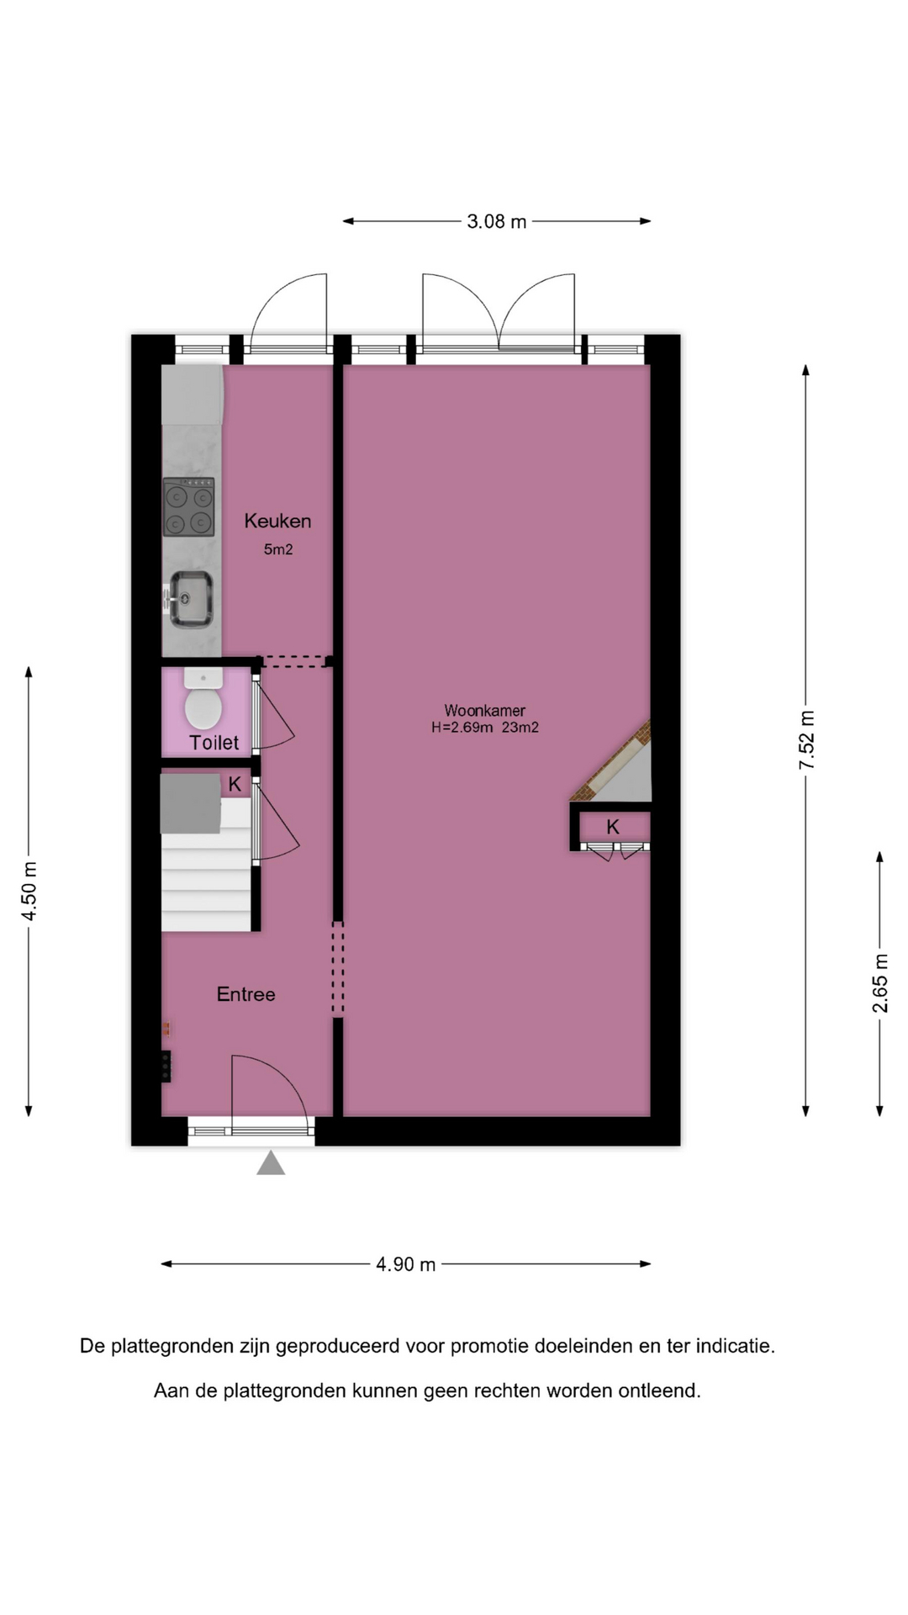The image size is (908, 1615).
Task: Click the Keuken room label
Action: click(x=277, y=521)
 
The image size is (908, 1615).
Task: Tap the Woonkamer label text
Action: click(x=485, y=711)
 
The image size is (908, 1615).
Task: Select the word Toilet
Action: click(x=214, y=743)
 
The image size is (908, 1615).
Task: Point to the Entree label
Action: click(x=245, y=994)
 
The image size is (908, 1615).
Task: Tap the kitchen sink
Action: click(x=190, y=599)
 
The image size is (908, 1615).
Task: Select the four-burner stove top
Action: click(x=188, y=507)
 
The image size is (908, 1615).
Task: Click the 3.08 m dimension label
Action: click(x=497, y=221)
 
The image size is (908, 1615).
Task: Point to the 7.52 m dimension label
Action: click(x=807, y=740)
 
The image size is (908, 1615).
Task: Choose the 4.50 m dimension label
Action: click(x=29, y=891)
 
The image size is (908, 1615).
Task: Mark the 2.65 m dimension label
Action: click(x=880, y=982)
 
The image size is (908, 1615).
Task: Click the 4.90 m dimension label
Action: click(x=406, y=1264)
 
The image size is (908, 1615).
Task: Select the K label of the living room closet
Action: click(x=613, y=827)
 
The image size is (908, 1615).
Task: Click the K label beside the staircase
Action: click(x=235, y=784)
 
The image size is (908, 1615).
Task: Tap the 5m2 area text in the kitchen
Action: click(x=278, y=549)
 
